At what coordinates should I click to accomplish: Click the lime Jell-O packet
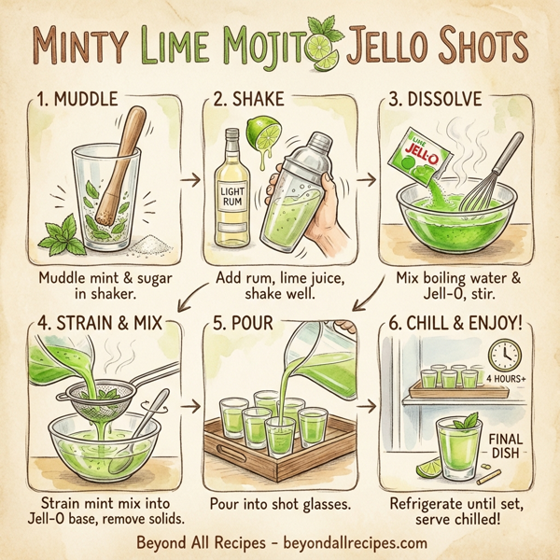(416, 160)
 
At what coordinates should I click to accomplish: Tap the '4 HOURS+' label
(505, 379)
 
